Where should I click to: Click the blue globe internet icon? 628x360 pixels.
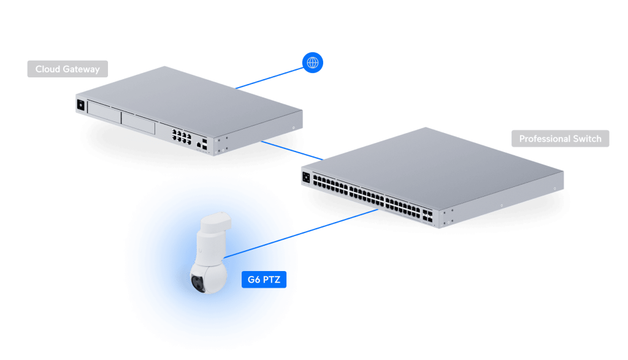[313, 63]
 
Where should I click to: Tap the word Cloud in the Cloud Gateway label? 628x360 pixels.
[47, 69]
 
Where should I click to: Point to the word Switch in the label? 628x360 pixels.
[587, 139]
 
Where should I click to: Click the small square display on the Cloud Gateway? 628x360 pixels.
[80, 105]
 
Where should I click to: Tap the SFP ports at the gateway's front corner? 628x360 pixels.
[203, 145]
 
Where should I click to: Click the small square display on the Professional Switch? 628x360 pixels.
[306, 178]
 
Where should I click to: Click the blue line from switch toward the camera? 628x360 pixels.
[337, 222]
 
